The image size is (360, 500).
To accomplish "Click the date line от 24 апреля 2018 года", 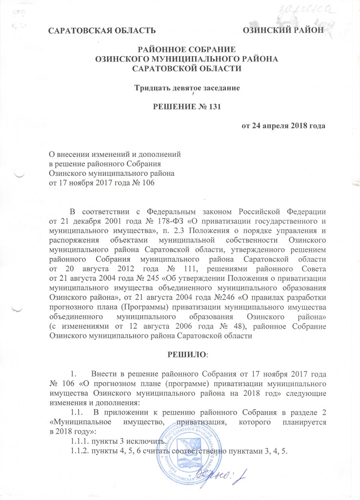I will tap(283, 125).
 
